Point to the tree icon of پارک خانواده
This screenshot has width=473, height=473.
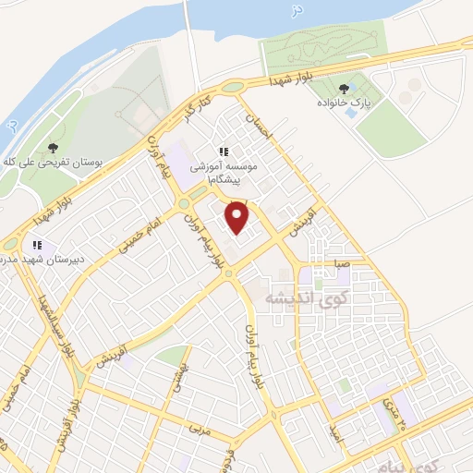tap(344, 90)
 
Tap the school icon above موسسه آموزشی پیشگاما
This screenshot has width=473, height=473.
tap(223, 152)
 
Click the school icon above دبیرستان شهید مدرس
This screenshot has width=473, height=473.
tap(37, 245)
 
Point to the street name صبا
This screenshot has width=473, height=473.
tap(342, 264)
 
